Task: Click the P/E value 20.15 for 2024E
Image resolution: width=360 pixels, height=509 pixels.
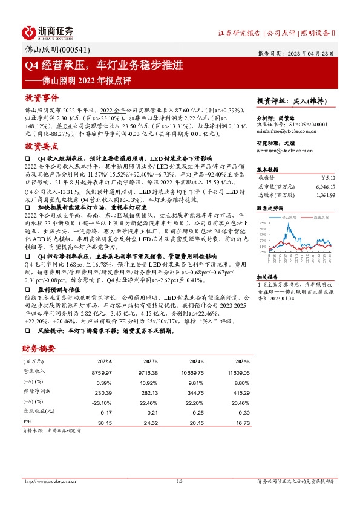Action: [x=190, y=423]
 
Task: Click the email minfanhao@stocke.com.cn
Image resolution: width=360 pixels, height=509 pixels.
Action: [x=282, y=130]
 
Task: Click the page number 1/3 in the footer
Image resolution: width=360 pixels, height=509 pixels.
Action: [x=179, y=481]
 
